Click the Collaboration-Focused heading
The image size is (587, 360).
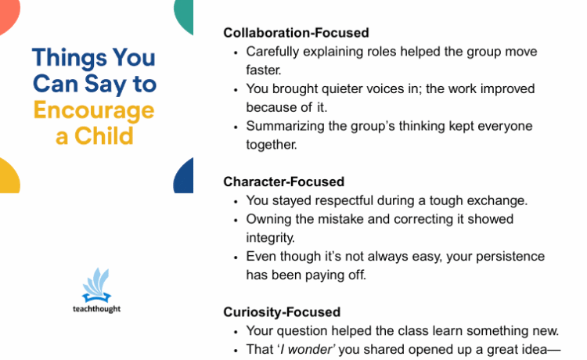[296, 33]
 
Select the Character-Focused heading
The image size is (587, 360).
[284, 182]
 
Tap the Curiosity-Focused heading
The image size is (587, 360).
[282, 312]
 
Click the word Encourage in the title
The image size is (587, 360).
[94, 111]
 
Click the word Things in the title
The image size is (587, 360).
[70, 59]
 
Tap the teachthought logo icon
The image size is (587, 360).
[96, 285]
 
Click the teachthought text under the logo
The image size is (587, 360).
[96, 309]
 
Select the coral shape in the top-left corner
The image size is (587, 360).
[9, 15]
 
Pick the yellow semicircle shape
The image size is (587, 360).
[9, 178]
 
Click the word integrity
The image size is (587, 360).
[270, 238]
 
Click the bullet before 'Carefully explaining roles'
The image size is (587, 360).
[236, 53]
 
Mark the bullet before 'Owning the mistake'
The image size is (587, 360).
[236, 221]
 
